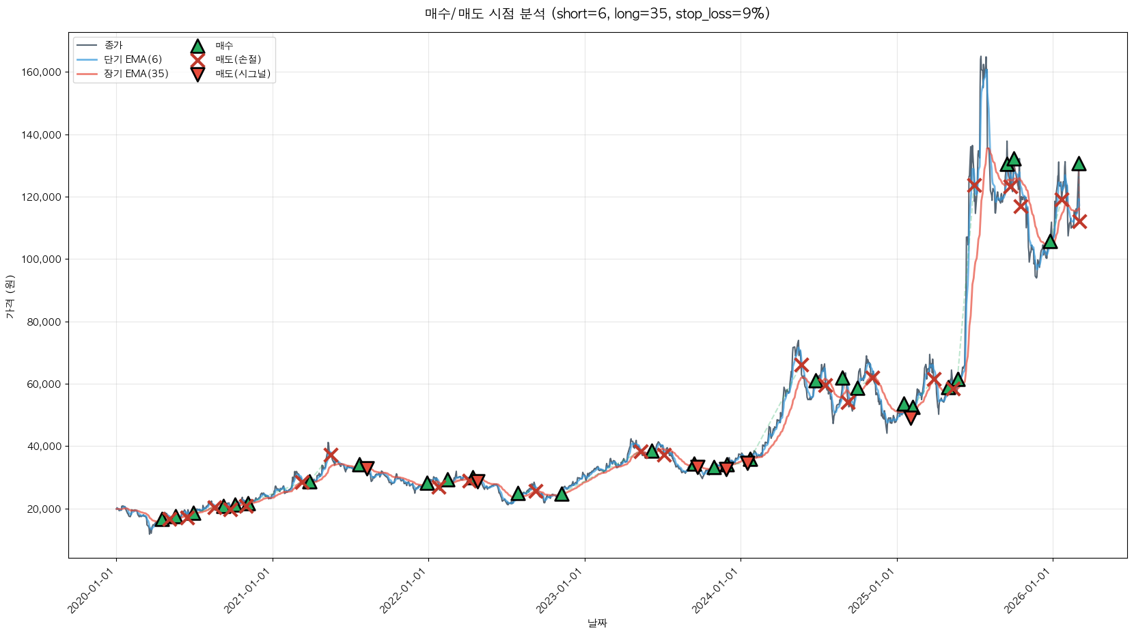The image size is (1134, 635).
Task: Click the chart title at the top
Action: coord(597,14)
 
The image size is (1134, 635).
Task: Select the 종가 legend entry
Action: coord(113,46)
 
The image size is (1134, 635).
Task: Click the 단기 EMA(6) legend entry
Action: coord(133,59)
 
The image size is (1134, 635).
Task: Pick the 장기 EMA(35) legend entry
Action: coord(136,74)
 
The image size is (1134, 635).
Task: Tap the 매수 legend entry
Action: coord(224,46)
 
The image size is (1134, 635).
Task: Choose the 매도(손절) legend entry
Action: coord(238,59)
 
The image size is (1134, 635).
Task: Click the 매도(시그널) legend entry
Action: coord(243,74)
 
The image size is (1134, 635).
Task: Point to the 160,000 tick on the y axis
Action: coord(42,72)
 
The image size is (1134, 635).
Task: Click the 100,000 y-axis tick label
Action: coord(42,259)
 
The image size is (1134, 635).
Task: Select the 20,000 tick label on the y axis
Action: coord(45,509)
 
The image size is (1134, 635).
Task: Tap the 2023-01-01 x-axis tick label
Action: coord(559,591)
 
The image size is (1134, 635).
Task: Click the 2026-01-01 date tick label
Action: coord(1028,591)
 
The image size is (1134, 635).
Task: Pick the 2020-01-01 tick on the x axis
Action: coord(92,591)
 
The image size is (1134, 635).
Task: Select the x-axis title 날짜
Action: coord(597,623)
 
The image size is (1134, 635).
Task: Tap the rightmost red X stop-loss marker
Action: coord(1079,221)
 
